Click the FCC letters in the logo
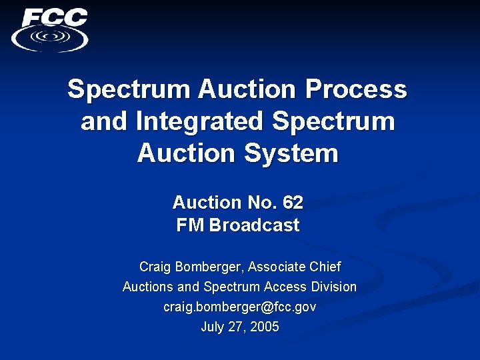[54, 17]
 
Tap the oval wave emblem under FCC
[50, 38]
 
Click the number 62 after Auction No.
[292, 202]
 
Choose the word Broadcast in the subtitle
[254, 225]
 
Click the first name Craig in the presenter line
[154, 267]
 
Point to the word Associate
[278, 267]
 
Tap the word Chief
[325, 267]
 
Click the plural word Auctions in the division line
[147, 287]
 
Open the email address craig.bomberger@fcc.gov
[239, 307]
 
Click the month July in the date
[213, 327]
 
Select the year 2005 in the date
[264, 327]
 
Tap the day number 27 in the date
[236, 327]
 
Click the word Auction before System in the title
[186, 153]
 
